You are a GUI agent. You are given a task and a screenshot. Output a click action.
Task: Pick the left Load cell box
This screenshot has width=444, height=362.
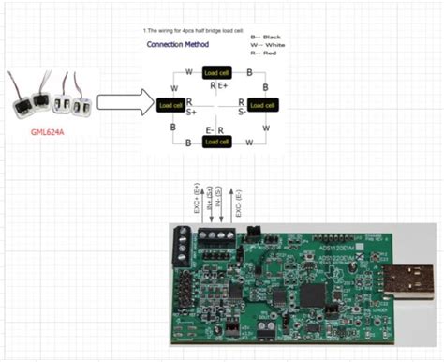[172, 105]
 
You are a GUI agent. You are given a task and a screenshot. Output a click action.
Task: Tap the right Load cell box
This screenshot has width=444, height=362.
[260, 105]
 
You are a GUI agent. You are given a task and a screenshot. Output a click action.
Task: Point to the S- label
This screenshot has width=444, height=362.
[242, 112]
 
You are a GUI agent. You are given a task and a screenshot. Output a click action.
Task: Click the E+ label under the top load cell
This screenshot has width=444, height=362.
[223, 86]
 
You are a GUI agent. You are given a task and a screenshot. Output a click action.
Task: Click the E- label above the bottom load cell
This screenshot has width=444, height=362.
[211, 128]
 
